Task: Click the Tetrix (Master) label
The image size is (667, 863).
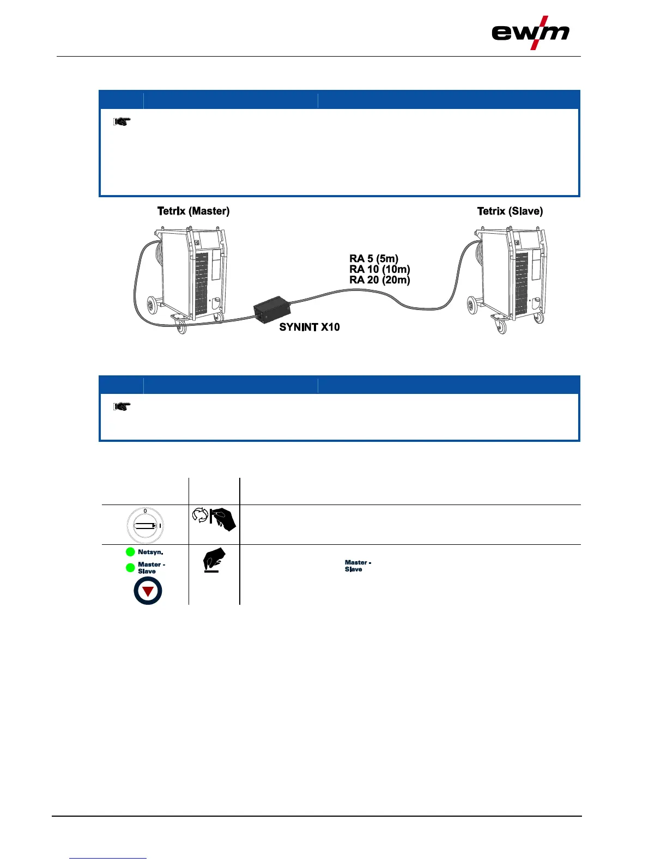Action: tap(193, 211)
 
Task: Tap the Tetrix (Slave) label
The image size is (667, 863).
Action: tap(510, 211)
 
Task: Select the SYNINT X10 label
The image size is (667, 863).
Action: tap(310, 327)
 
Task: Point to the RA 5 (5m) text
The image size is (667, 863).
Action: tap(374, 259)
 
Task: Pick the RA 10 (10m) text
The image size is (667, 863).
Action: tap(380, 269)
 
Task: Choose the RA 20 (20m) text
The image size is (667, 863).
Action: tap(380, 280)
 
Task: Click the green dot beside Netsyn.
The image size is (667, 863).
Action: tap(130, 552)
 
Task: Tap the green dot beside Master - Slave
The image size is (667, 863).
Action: tap(130, 568)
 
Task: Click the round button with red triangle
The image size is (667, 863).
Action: tap(148, 591)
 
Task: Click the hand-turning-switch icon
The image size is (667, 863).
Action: tap(214, 519)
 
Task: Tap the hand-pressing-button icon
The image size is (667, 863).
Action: tap(214, 560)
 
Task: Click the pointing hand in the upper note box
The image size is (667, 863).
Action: tap(122, 122)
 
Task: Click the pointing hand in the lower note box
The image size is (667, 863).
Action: tap(122, 406)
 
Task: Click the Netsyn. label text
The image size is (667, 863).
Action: tap(150, 552)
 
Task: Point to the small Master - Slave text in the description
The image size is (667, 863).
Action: tap(357, 566)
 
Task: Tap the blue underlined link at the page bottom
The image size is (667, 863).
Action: tap(108, 858)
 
